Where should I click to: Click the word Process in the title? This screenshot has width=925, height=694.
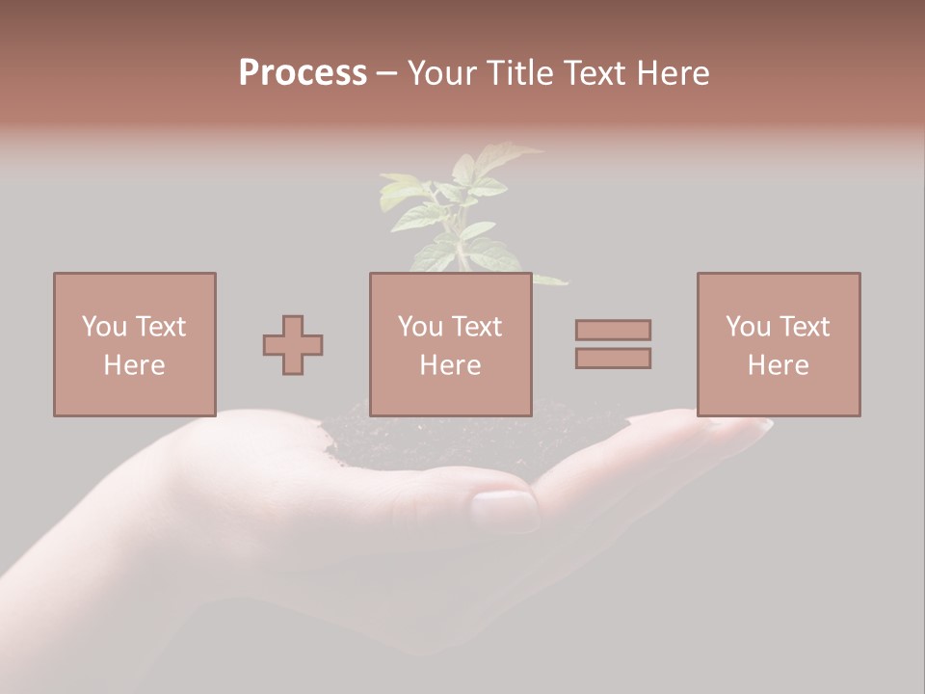point(303,73)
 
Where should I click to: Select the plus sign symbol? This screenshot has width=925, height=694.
point(293,345)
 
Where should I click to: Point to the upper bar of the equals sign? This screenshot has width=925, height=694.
point(613,330)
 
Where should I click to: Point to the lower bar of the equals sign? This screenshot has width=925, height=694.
point(613,358)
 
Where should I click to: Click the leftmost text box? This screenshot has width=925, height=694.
point(135,344)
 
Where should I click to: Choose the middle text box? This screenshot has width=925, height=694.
point(451,344)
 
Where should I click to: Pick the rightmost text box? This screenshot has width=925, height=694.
point(779,344)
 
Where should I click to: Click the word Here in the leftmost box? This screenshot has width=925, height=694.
point(134,365)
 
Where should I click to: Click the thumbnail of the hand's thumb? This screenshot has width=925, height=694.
point(504,509)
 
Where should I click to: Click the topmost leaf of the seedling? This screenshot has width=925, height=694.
point(501,154)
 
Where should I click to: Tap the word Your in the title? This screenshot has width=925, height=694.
point(440,73)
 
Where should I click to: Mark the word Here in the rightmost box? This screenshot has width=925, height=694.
point(778,365)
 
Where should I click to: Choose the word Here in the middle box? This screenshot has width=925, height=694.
point(450,365)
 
